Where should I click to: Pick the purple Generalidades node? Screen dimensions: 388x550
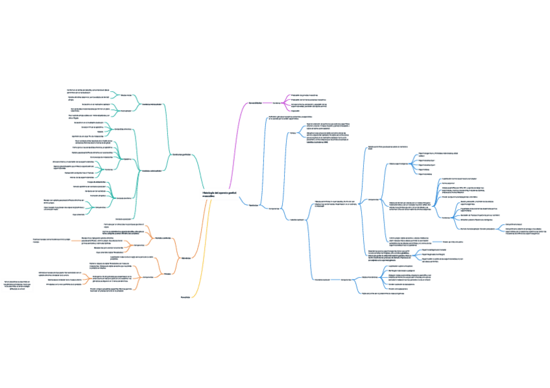pos(254,103)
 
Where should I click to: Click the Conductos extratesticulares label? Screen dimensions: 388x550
pos(151,170)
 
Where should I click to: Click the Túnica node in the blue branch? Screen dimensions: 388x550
pos(293,133)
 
